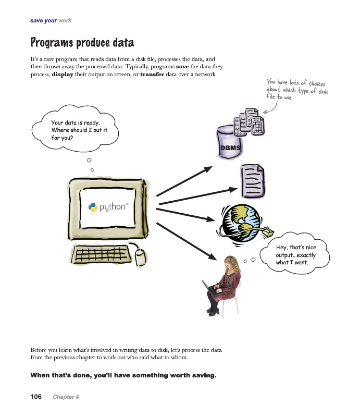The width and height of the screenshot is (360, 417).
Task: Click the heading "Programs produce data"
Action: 82,42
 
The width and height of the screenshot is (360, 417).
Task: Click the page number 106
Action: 36,397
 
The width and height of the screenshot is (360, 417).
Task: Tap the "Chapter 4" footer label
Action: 66,397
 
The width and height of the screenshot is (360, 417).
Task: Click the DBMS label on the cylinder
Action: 230,148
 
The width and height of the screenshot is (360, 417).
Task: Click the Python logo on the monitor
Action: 93,207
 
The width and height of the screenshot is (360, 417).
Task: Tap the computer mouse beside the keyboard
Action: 140,255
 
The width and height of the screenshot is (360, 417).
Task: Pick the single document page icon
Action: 252,179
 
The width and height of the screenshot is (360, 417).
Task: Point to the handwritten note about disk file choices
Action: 297,90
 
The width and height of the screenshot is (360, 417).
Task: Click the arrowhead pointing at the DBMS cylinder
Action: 208,169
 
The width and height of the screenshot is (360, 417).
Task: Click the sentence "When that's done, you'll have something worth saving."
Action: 123,375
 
